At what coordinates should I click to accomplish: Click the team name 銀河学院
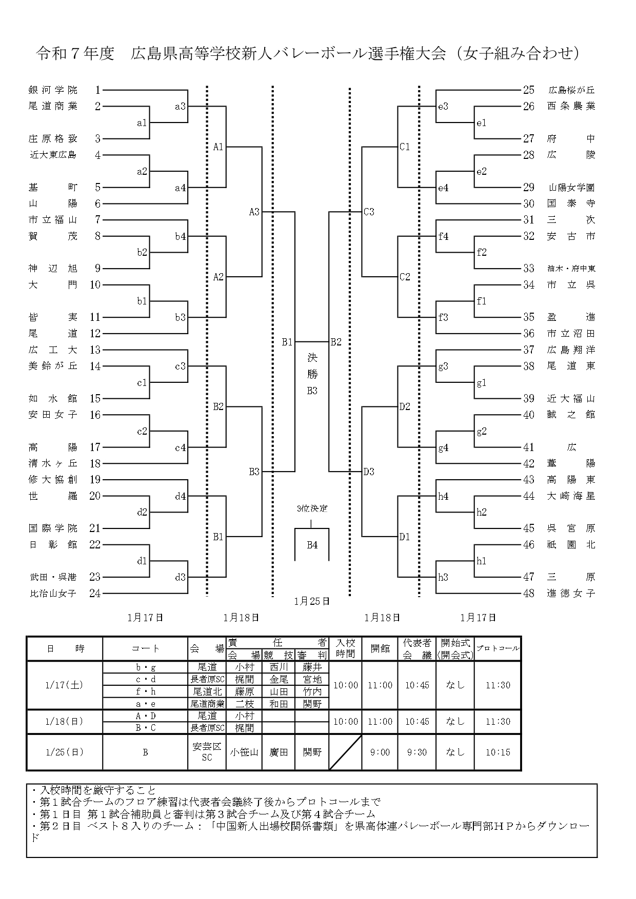[53, 90]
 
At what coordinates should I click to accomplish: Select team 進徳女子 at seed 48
[571, 594]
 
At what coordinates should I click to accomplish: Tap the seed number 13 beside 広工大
[95, 350]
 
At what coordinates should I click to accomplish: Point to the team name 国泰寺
[571, 203]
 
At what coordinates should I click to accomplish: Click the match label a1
[142, 123]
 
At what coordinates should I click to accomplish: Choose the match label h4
[443, 496]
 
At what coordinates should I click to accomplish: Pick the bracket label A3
[254, 212]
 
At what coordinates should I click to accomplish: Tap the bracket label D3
[369, 472]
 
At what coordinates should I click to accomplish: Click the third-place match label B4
[312, 545]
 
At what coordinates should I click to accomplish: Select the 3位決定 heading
[312, 509]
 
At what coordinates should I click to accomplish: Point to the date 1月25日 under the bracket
[312, 601]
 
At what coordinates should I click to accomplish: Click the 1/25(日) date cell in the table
[64, 752]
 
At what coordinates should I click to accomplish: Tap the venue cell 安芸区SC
[207, 752]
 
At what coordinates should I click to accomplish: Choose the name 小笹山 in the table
[244, 752]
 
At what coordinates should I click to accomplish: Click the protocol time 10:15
[498, 752]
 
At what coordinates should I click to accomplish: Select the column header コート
[145, 649]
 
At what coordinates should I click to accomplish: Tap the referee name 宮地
[312, 680]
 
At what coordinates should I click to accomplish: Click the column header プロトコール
[498, 649]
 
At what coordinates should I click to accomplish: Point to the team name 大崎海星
[571, 496]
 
